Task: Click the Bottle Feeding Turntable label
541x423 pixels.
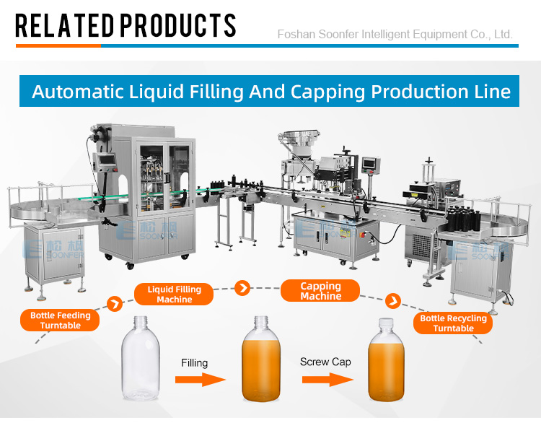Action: [60, 320]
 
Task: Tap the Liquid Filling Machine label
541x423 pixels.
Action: [174, 295]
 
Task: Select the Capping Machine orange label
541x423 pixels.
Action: [320, 291]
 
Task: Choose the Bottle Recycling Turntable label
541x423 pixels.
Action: [453, 323]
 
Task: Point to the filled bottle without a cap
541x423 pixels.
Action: [261, 359]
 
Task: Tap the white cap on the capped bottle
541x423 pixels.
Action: [386, 323]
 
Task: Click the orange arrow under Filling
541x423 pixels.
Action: [201, 380]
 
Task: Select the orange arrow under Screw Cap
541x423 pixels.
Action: [327, 380]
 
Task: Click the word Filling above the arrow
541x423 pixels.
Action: [195, 363]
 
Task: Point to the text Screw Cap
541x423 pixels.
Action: [325, 362]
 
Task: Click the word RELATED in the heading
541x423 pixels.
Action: [64, 25]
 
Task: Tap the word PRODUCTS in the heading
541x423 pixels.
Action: [178, 25]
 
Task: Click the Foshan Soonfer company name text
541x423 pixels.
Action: [395, 34]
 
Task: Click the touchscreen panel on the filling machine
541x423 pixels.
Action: [107, 160]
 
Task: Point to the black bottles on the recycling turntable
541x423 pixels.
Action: [463, 217]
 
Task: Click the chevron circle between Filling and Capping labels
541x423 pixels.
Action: [242, 287]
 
